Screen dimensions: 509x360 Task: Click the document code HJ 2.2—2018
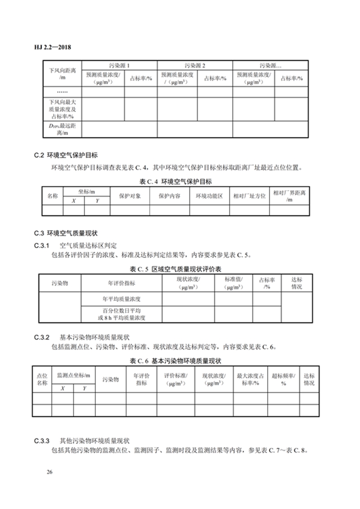pyautogui.click(x=54, y=47)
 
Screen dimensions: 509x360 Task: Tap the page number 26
pyautogui.click(x=49, y=472)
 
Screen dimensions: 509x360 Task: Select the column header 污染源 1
pyautogui.click(x=119, y=65)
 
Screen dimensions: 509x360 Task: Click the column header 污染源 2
pyautogui.click(x=195, y=65)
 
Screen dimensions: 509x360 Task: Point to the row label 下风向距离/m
pyautogui.click(x=62, y=74)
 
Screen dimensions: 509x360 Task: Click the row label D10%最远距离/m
pyautogui.click(x=62, y=130)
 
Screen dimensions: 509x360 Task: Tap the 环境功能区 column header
pyautogui.click(x=209, y=196)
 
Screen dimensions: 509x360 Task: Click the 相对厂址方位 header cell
pyautogui.click(x=249, y=196)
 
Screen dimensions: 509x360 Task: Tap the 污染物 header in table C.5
pyautogui.click(x=60, y=283)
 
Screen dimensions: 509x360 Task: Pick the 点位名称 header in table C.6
pyautogui.click(x=42, y=379)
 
